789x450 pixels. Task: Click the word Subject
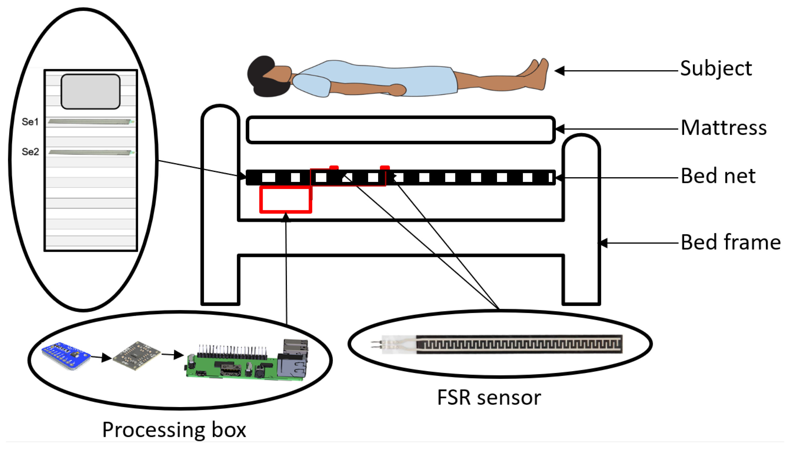715,69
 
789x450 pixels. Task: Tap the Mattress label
724,128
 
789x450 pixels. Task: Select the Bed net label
718,176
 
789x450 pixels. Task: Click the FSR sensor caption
489,398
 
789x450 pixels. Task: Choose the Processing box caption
174,430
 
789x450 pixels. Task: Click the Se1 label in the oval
30,122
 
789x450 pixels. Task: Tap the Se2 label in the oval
30,152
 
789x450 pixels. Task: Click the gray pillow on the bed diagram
90,91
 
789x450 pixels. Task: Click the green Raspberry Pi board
235,366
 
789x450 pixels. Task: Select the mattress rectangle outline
400,130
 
